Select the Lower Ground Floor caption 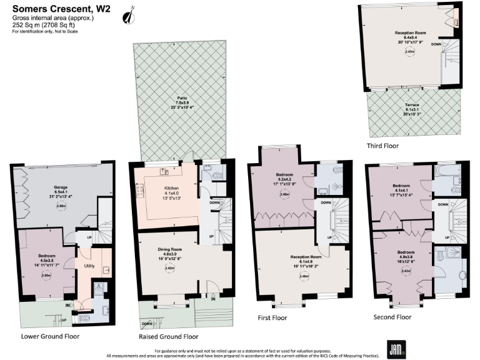[x=46, y=336]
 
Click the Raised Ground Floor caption [x=169, y=336]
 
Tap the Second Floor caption [x=394, y=317]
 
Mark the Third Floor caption [x=382, y=146]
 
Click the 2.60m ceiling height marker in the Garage [x=44, y=205]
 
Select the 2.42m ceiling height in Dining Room [x=169, y=268]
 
